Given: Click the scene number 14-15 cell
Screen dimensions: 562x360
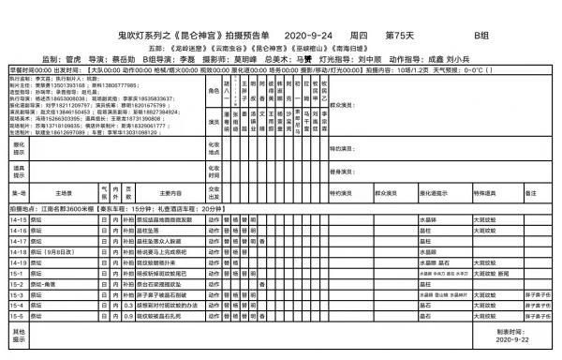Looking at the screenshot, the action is [18, 218].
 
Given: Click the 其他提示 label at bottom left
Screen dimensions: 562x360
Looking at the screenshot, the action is [17, 337].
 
